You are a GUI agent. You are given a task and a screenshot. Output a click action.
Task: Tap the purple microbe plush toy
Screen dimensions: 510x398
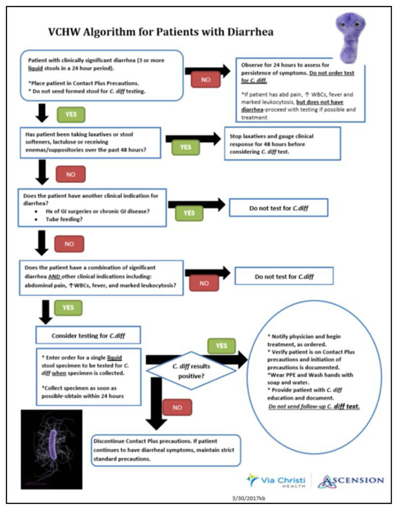point(352,36)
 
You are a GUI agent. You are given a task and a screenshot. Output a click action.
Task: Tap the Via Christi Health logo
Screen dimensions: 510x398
point(276,480)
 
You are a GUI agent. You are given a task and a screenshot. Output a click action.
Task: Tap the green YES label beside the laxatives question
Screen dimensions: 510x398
point(186,148)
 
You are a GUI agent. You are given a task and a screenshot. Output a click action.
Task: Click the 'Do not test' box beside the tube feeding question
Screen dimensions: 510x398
point(278,207)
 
